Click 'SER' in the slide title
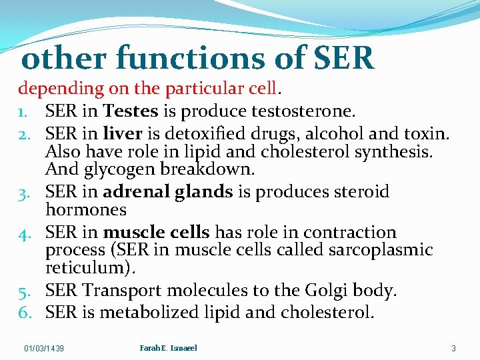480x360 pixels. (343, 59)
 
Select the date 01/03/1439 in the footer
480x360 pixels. (44, 348)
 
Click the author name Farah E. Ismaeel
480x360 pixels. (169, 347)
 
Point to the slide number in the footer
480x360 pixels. (453, 348)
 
